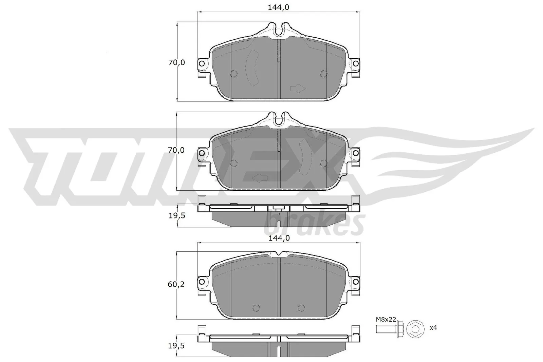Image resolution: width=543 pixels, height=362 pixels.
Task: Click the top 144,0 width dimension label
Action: pos(279,7)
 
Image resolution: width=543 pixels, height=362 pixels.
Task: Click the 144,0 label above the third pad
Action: pos(279,238)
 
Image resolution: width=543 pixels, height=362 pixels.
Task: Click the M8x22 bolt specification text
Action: pos(386,319)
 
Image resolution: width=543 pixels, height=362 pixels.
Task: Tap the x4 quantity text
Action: pos(433,328)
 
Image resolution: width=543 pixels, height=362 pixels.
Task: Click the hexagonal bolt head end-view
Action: pos(415,329)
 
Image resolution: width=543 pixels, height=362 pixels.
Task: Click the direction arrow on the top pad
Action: pos(298,89)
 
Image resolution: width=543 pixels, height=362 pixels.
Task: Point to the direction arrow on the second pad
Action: pos(260,178)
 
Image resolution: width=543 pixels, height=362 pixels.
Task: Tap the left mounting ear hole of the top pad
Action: pos(202,63)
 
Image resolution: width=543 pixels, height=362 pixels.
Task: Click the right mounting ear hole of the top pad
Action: pos(355,63)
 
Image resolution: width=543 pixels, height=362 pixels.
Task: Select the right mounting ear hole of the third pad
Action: pos(355,281)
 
